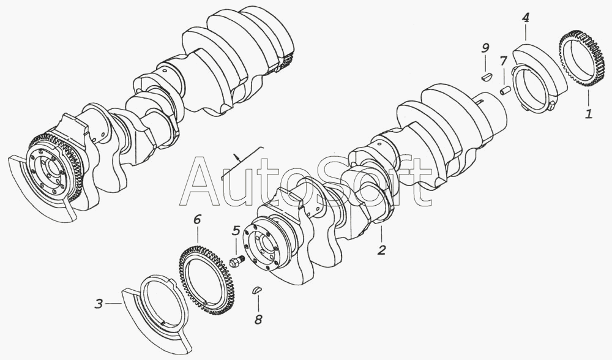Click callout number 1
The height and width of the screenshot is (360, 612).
(x=588, y=113)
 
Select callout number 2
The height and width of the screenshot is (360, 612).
(x=381, y=250)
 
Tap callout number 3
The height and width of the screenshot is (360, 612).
(x=99, y=302)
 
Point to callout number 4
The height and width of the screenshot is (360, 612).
(x=525, y=18)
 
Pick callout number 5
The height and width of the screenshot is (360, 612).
(x=236, y=231)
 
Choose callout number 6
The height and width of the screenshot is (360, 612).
(x=197, y=219)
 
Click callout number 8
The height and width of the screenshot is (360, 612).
(x=258, y=318)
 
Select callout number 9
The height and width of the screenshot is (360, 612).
(x=485, y=47)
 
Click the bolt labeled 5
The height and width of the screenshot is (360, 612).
(x=236, y=262)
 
